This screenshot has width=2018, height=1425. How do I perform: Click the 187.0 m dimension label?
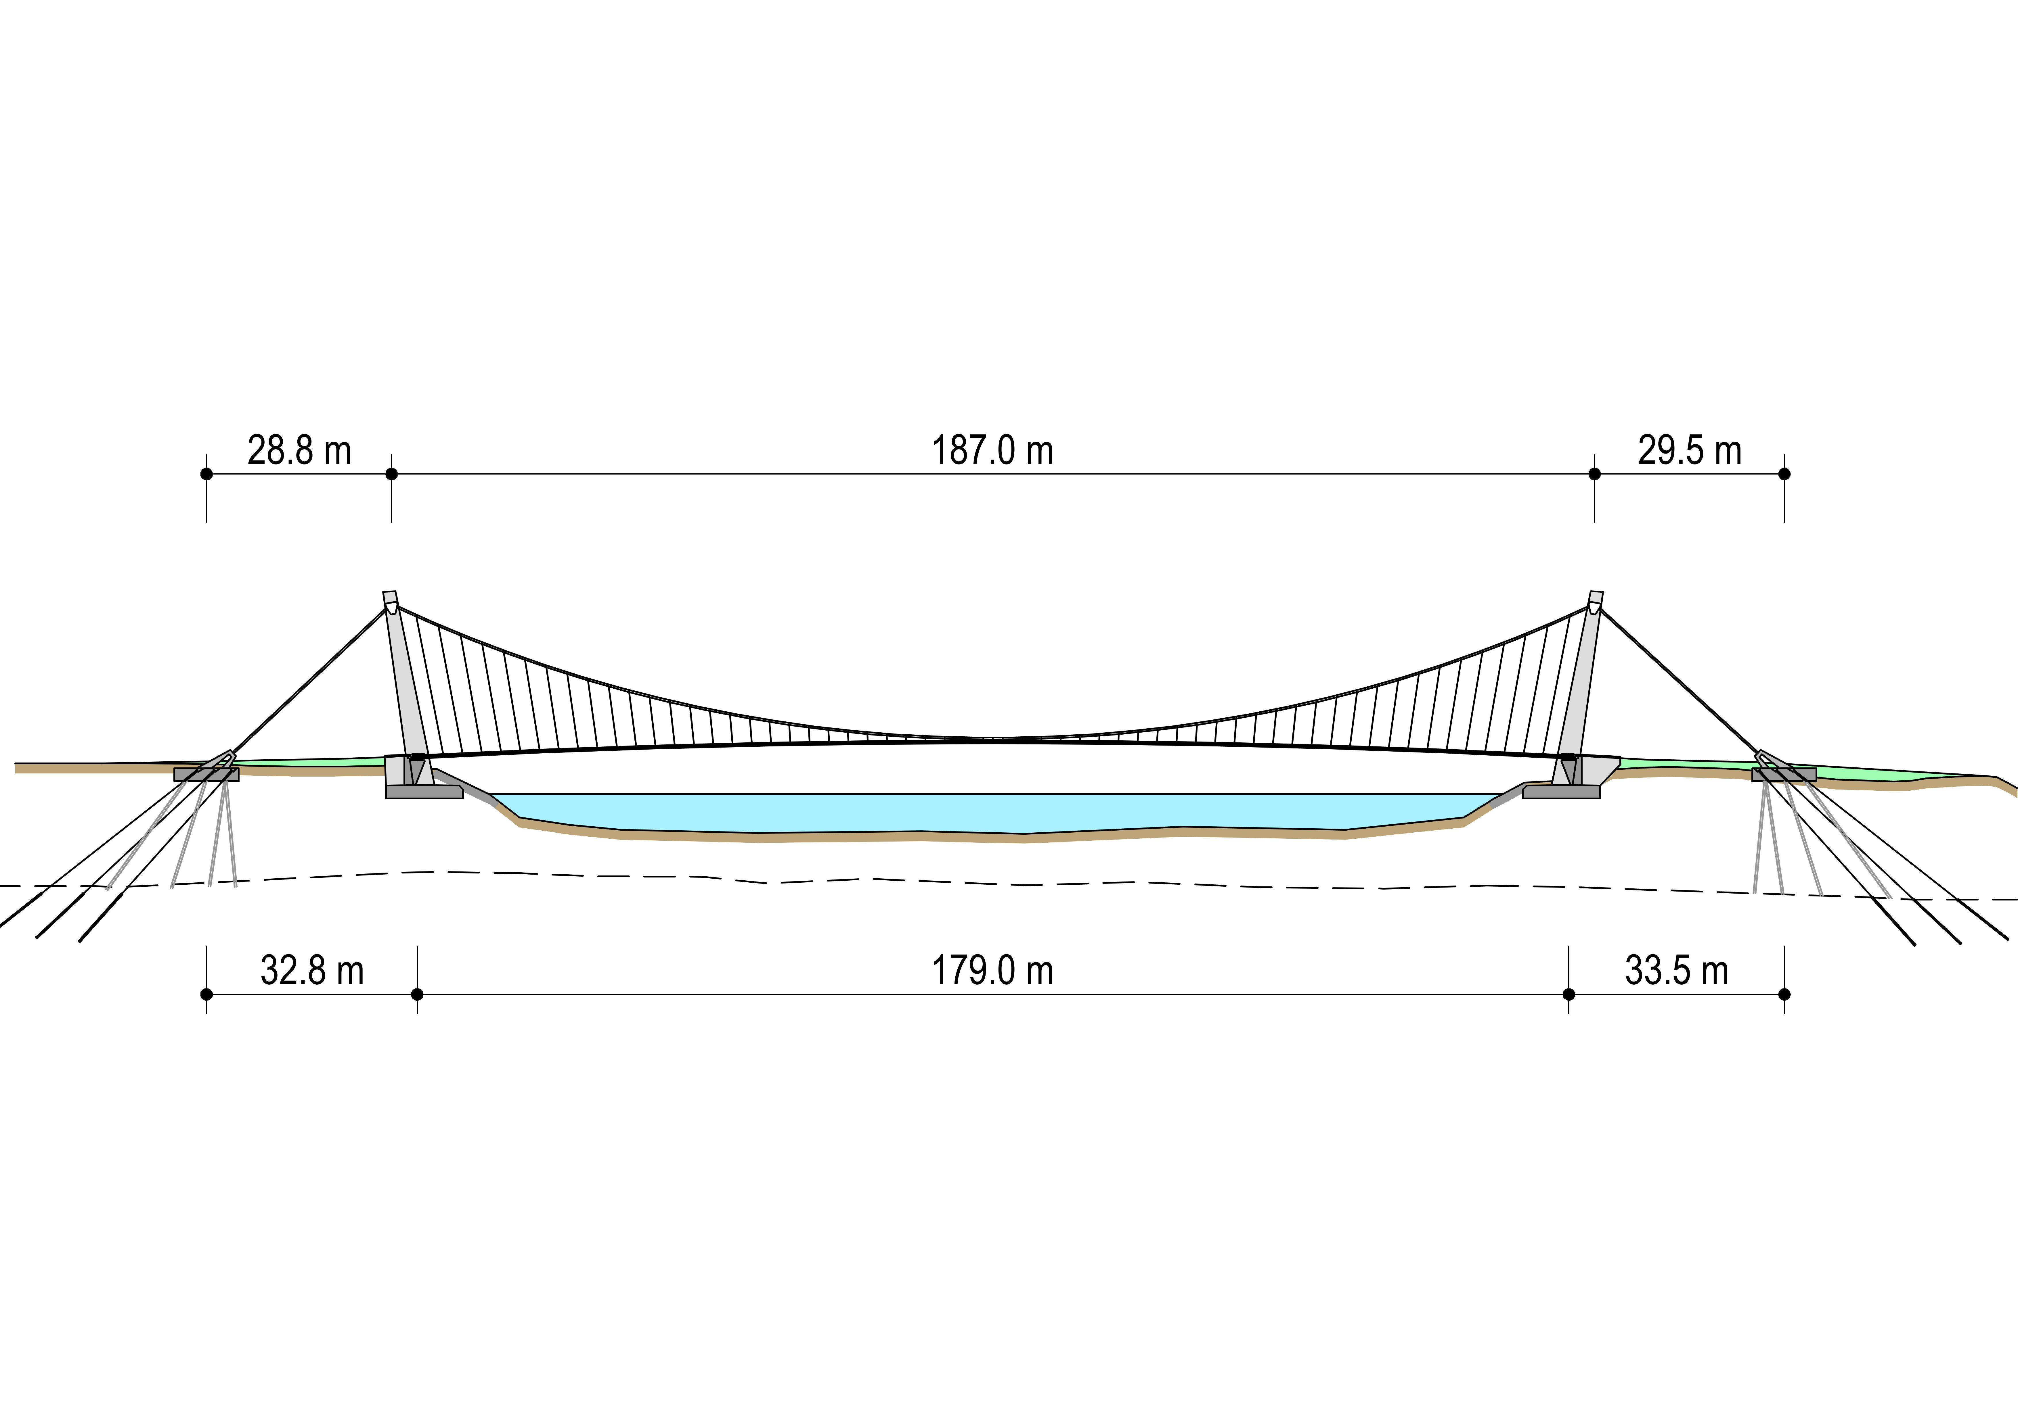(x=992, y=451)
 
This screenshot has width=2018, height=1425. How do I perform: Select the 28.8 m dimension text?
(x=299, y=451)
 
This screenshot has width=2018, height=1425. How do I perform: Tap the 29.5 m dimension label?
(x=1689, y=451)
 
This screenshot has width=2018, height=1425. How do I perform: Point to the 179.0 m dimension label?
(x=992, y=971)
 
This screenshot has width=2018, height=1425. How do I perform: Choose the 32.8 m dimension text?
(x=312, y=971)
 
